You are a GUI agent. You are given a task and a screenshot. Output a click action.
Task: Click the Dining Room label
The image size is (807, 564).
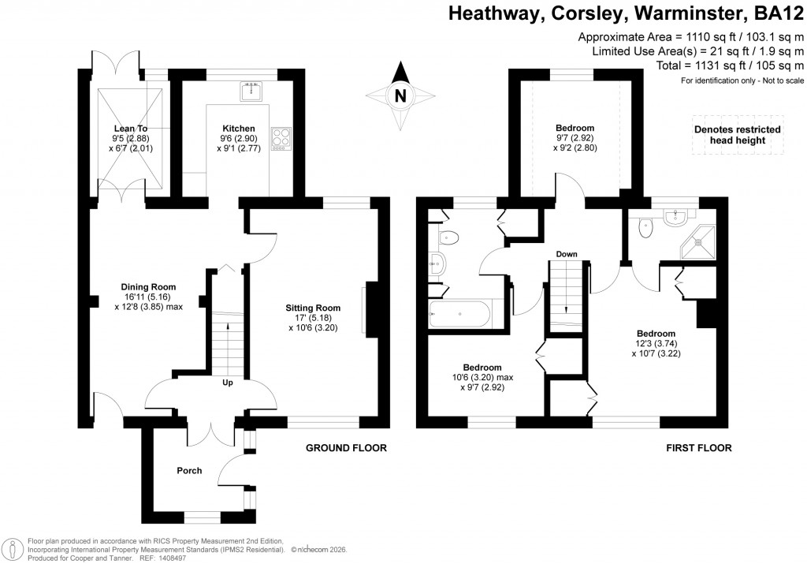coord(148,286)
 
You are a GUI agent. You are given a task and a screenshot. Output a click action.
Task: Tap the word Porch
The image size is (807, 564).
coord(189,471)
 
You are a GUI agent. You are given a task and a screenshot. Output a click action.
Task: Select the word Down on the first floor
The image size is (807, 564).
coord(567,255)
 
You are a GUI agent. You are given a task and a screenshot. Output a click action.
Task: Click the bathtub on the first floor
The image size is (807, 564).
coord(459,316)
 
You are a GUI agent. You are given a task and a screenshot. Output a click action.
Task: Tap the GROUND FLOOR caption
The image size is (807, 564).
coord(347,448)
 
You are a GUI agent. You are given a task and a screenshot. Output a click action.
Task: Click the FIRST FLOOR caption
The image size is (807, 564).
coord(699,448)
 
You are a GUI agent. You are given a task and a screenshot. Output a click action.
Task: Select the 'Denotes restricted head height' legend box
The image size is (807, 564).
coord(737,135)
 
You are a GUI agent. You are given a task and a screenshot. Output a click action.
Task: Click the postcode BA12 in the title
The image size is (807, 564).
coord(779,13)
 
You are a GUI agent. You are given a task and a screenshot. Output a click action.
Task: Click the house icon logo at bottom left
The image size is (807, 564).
coord(13,548)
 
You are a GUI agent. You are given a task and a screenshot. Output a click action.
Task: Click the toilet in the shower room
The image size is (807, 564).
coord(647,226)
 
